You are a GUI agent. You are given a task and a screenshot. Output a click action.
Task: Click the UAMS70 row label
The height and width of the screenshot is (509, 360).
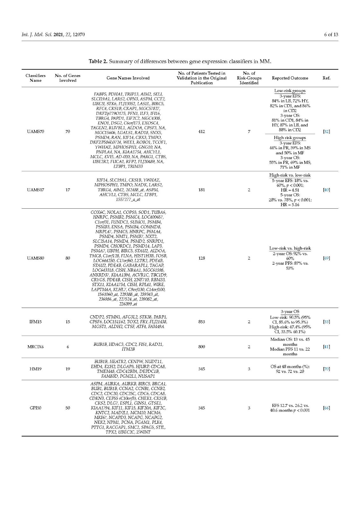(35, 132)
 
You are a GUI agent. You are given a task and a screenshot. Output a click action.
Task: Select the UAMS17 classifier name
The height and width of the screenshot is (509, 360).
(35, 190)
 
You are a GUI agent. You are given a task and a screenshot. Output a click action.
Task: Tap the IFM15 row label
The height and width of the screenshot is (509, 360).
(35, 322)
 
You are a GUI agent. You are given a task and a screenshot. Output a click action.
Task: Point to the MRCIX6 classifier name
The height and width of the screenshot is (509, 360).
(35, 347)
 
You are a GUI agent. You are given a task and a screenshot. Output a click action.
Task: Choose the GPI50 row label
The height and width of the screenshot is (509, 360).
(35, 408)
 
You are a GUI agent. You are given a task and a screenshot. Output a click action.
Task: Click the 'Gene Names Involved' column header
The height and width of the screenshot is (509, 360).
(128, 78)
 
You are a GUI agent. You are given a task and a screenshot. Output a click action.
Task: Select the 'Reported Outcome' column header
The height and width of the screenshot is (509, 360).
(290, 78)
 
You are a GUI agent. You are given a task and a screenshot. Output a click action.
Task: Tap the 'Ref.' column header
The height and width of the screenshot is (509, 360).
(326, 78)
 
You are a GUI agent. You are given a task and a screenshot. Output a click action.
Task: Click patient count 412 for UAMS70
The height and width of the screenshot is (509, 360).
(201, 132)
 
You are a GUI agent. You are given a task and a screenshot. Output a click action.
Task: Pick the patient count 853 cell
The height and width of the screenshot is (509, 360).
(201, 322)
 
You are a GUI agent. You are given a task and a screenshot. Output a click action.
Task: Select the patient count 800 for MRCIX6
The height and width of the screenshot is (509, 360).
(201, 347)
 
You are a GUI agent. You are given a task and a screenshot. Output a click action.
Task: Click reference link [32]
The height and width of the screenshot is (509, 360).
(326, 132)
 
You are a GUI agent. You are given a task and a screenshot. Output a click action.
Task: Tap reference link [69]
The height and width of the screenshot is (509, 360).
(326, 258)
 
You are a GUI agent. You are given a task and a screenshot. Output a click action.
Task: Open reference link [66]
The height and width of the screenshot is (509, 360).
(326, 408)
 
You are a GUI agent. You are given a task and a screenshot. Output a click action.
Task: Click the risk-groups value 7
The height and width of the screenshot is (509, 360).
(249, 132)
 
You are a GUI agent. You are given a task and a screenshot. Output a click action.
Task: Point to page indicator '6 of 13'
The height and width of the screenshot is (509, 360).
(331, 34)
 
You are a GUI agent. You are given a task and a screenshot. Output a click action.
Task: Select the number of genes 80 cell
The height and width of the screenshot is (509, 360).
(67, 258)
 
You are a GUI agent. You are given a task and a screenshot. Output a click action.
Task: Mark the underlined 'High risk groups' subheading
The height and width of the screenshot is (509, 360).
(290, 138)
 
